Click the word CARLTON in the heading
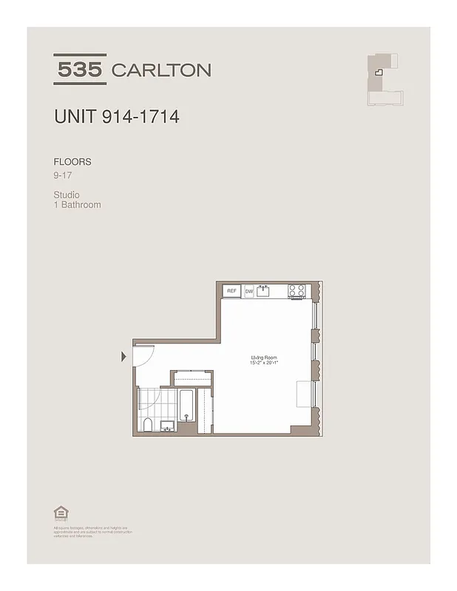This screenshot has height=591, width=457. click(x=160, y=70)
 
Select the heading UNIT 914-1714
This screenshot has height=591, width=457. click(x=116, y=117)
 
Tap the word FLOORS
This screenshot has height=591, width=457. click(x=72, y=161)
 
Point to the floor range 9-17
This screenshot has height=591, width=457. click(x=63, y=176)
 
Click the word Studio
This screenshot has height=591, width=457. click(x=67, y=195)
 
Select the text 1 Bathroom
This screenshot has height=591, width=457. click(x=77, y=205)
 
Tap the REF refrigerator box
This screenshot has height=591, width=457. click(x=231, y=292)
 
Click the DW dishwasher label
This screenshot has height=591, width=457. click(x=249, y=292)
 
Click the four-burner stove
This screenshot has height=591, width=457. click(x=297, y=291)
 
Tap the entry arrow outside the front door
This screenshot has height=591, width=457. click(x=123, y=358)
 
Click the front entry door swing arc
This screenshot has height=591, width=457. click(x=145, y=356)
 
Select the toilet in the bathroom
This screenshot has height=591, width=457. click(x=148, y=423)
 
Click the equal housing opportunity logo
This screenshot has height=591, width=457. click(x=59, y=512)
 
